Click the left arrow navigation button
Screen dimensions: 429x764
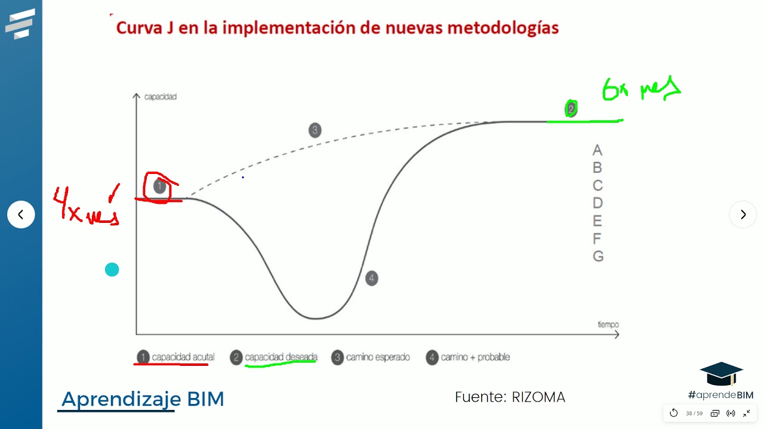pos(21,214)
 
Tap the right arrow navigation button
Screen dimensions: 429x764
pos(743,214)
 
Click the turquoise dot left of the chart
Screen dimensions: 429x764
pos(112,270)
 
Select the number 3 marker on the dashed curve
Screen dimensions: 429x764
pos(315,130)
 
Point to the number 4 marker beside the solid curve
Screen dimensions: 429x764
pos(371,278)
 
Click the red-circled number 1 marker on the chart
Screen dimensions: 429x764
pos(159,186)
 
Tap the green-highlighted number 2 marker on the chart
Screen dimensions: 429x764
pos(571,108)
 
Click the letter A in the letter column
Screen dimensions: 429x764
pos(597,150)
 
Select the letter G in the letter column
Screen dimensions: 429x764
pos(597,256)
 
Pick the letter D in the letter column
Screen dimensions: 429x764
pos(597,203)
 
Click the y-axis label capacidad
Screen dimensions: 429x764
pos(161,97)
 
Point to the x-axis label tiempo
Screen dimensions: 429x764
pos(608,324)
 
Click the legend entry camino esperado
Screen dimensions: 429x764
pos(378,357)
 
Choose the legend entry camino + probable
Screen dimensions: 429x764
pos(475,357)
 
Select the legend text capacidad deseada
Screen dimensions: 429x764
pos(281,357)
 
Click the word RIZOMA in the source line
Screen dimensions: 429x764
pos(538,397)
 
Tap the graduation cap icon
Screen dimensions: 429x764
pos(721,374)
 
